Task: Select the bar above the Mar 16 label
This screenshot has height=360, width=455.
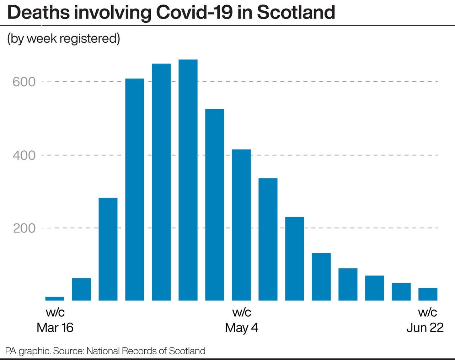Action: [x=55, y=299]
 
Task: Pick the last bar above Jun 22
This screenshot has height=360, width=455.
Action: [x=428, y=294]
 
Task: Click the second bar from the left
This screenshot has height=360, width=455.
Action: [x=81, y=289]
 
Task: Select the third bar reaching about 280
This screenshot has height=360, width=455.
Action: [x=108, y=249]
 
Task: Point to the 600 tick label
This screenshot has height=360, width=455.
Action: [x=24, y=82]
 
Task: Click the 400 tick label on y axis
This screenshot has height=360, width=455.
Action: [x=24, y=155]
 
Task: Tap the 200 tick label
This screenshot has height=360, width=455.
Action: [x=24, y=228]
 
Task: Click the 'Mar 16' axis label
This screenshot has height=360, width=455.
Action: [x=55, y=327]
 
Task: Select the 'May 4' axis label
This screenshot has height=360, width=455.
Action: [x=241, y=327]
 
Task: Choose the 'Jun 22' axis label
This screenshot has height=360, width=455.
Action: [x=425, y=327]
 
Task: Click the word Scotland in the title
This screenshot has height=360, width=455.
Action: [x=296, y=12]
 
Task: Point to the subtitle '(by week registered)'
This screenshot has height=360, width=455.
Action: [x=64, y=38]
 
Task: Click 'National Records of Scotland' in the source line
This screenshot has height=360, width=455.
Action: [x=146, y=351]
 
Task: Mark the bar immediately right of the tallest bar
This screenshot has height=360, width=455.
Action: [x=215, y=204]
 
